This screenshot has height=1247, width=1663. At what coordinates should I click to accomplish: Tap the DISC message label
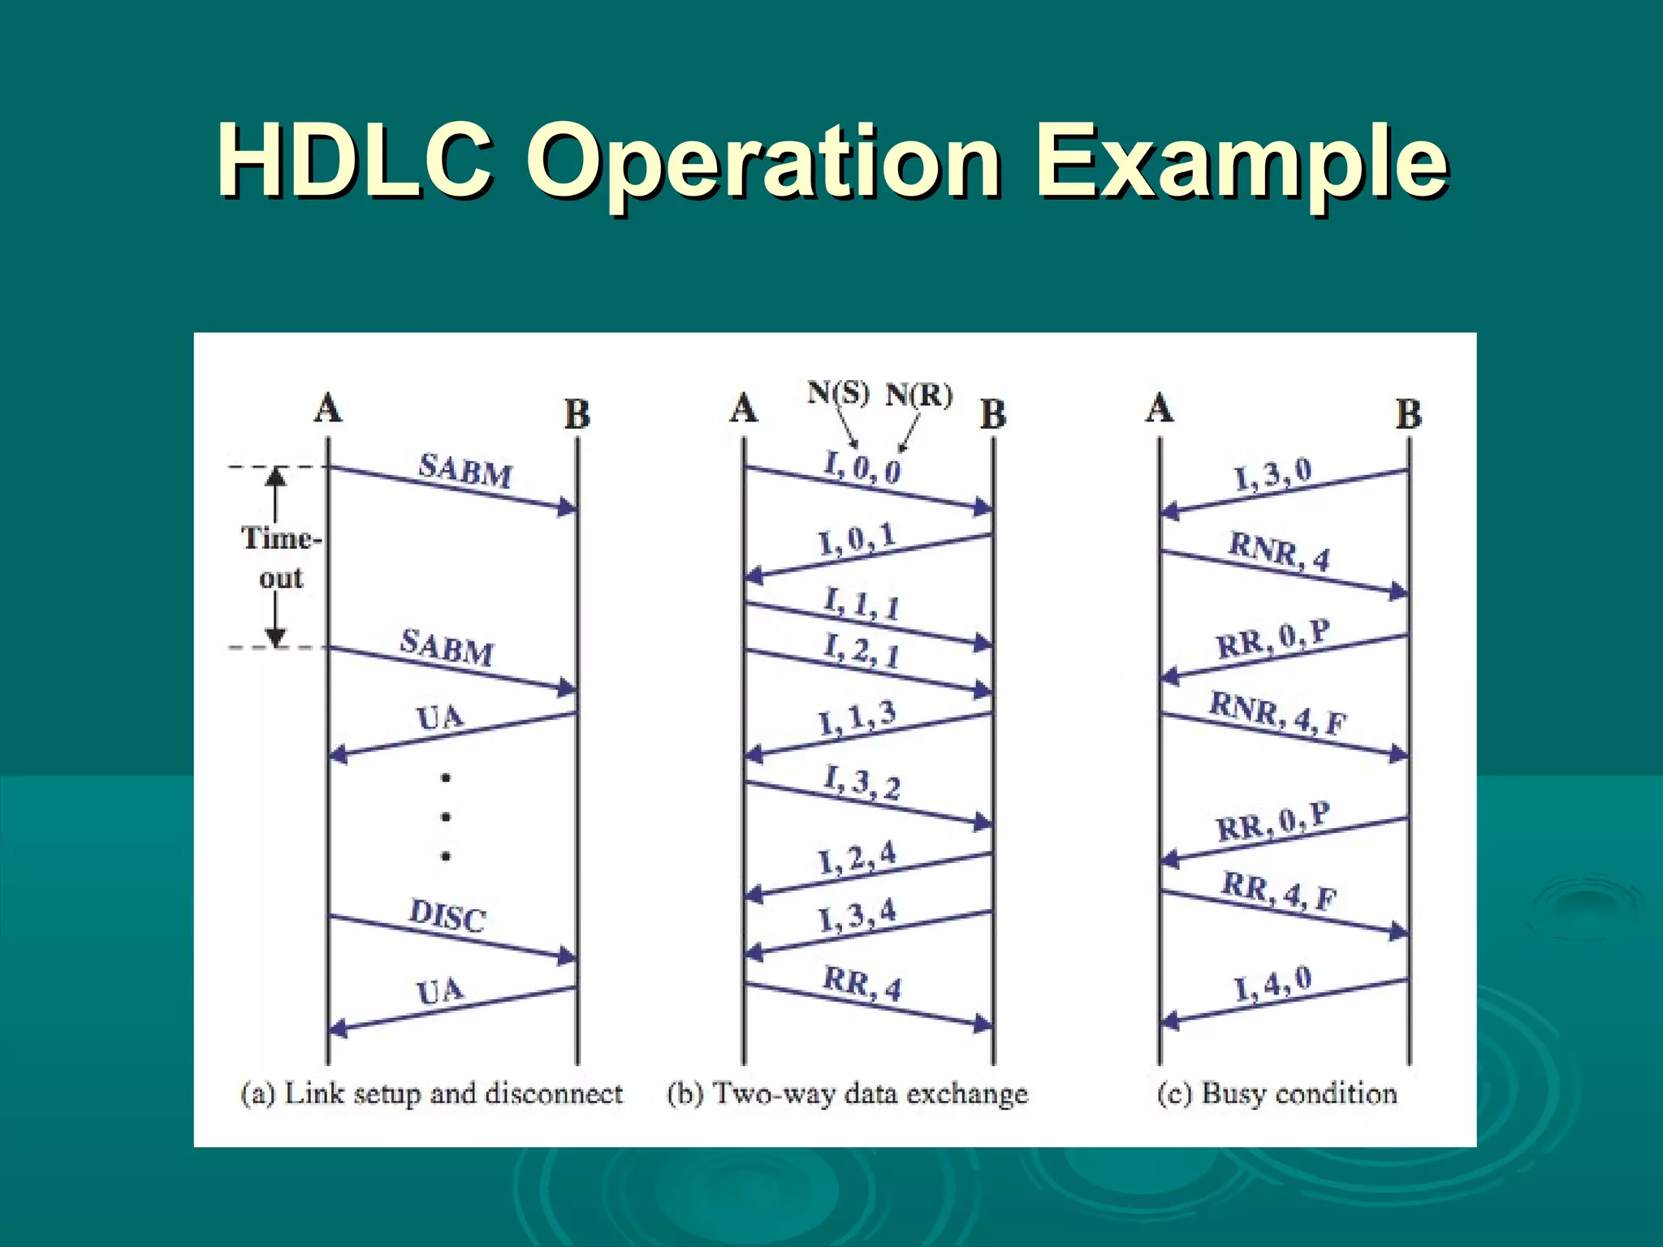point(447,916)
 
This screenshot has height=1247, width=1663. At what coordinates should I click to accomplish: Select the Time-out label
point(280,558)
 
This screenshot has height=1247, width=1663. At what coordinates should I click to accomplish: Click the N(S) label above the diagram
point(837,394)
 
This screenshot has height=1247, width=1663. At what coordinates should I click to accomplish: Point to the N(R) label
point(918,395)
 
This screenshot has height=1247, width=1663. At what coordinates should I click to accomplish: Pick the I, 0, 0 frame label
point(862,468)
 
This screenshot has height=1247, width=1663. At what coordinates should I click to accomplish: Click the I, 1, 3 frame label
point(857,718)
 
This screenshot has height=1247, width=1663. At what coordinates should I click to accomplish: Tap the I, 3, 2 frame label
point(862,783)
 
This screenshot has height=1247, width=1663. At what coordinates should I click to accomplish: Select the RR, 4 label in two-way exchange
point(862,984)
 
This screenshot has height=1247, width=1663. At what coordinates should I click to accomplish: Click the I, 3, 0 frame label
point(1272,474)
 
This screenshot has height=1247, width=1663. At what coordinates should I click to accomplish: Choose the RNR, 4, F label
point(1278,713)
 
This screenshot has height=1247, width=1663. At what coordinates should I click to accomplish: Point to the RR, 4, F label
point(1279,891)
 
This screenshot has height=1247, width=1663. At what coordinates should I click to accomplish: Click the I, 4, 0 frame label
point(1272,985)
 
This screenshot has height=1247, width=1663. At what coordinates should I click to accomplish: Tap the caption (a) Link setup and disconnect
point(431,1094)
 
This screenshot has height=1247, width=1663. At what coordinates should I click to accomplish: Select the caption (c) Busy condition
point(1276,1094)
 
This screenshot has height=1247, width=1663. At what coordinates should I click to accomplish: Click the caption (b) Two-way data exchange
point(847,1094)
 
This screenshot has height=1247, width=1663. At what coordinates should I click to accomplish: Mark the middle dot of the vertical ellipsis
point(446,817)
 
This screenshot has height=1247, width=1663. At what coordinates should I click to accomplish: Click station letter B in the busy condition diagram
point(1409,414)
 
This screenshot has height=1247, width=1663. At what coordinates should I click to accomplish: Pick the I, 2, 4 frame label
point(857,857)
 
